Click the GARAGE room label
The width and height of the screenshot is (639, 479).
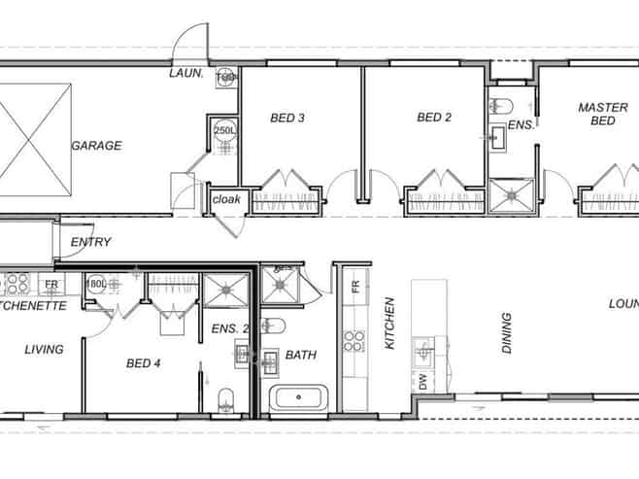[96, 146]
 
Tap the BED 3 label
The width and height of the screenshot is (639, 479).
[287, 119]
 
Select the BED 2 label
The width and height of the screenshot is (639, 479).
[434, 118]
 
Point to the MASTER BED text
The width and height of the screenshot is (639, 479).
[596, 114]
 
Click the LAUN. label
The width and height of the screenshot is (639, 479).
[185, 72]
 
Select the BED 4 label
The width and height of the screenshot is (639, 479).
[144, 363]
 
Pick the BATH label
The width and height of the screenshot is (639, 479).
[300, 355]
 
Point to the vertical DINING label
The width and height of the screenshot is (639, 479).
[506, 332]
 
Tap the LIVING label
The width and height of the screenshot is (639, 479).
[44, 349]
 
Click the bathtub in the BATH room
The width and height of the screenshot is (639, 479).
[301, 397]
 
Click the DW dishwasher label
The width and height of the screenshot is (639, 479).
[422, 382]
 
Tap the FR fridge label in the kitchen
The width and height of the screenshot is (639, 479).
[355, 288]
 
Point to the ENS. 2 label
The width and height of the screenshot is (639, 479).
[229, 329]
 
